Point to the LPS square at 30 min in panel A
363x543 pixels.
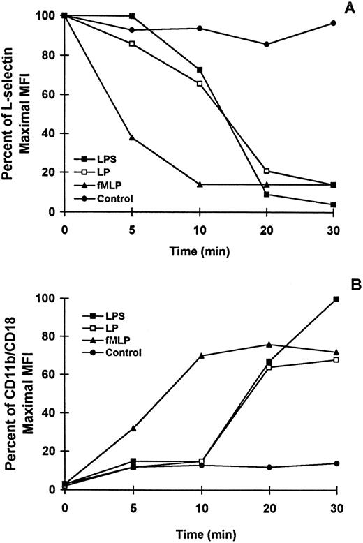click(333, 204)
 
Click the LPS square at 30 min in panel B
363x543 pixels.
click(333, 299)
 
